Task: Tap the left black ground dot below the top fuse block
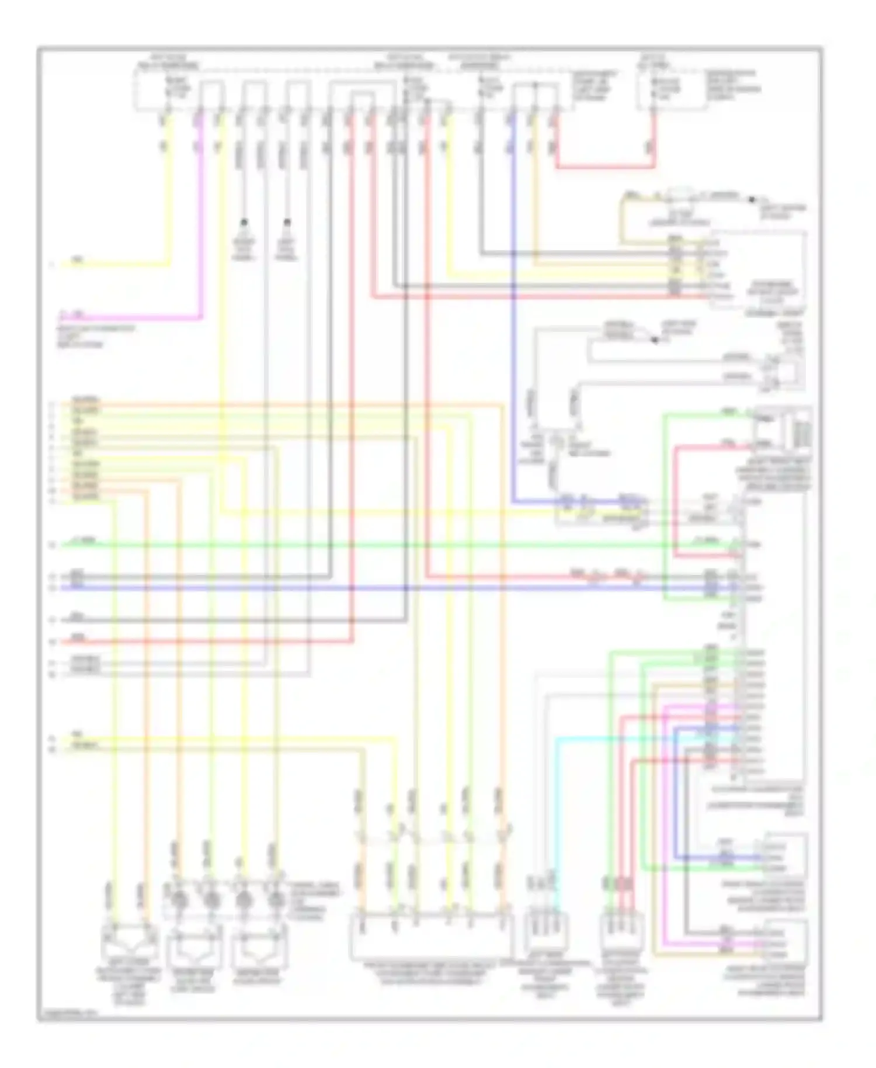click(244, 222)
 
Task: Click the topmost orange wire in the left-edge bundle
click(292, 403)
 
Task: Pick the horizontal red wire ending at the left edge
click(204, 642)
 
